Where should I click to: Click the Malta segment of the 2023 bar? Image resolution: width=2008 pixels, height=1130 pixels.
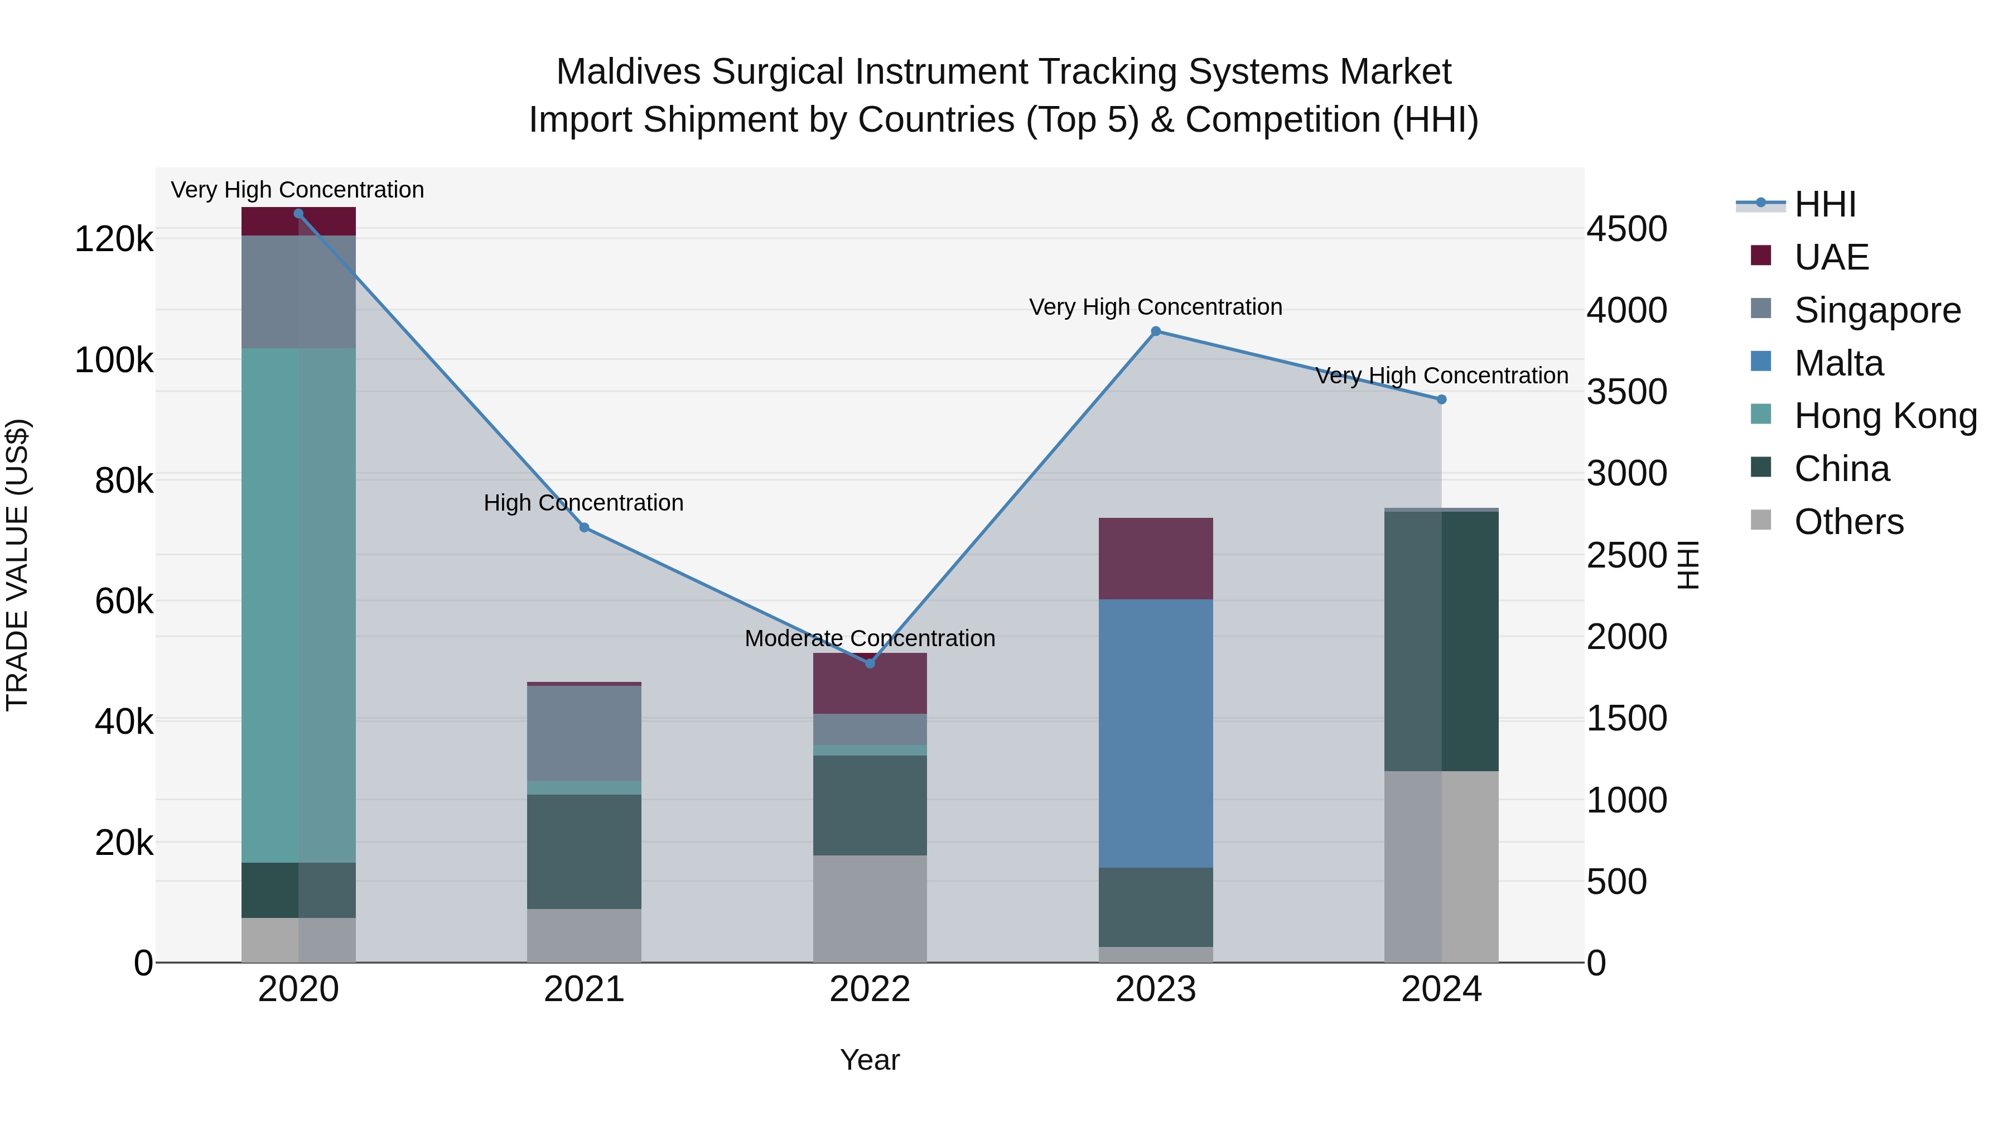click(1155, 733)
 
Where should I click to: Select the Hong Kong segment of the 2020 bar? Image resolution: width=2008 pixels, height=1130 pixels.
click(298, 605)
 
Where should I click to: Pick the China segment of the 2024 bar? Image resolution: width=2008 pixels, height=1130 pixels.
click(1441, 641)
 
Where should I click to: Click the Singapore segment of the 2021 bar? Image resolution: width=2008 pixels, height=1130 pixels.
click(584, 733)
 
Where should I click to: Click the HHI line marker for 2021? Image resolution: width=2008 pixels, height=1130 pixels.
click(585, 528)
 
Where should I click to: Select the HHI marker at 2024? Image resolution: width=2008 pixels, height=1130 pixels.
click(1441, 400)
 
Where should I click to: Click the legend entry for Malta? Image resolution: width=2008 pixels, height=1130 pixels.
click(1838, 363)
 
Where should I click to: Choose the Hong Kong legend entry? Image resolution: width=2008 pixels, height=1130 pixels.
click(1885, 416)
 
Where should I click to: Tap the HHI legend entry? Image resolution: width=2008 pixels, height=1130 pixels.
click(1824, 204)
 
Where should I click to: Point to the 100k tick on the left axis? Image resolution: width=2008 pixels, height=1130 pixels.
click(114, 360)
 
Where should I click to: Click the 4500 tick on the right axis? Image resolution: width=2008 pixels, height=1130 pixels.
click(1627, 229)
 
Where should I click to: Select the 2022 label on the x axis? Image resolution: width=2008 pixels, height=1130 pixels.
click(870, 989)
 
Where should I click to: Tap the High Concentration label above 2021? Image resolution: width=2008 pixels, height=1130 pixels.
click(584, 503)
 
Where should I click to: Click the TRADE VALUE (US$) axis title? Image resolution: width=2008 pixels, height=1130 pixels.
click(17, 565)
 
